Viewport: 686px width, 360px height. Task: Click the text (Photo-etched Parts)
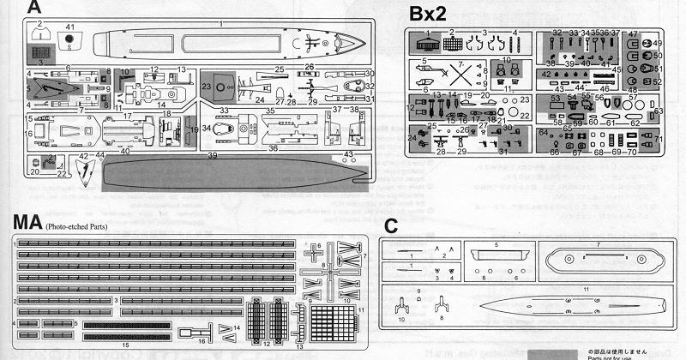(x=82, y=227)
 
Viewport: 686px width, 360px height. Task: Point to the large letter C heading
(x=390, y=227)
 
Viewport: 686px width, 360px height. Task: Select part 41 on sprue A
(x=69, y=39)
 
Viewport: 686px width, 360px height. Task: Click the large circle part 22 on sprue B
(x=524, y=114)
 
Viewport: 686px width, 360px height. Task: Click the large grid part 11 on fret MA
(x=328, y=323)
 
